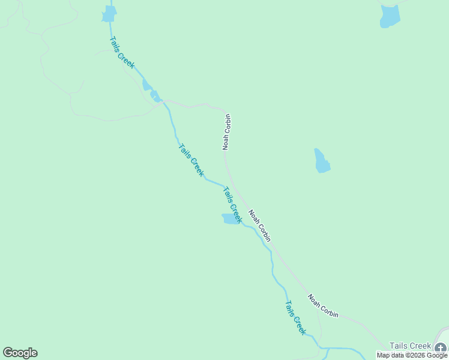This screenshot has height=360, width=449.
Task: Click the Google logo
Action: tap(20, 353)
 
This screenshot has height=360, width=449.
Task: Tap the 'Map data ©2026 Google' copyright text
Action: tap(412, 355)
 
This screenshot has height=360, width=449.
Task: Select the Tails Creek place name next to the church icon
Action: tap(410, 346)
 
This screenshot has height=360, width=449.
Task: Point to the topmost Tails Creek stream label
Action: tap(122, 52)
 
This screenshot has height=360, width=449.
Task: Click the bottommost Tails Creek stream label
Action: tap(295, 317)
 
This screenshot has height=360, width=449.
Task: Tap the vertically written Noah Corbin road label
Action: tap(227, 132)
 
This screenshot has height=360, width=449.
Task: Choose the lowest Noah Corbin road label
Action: tap(323, 306)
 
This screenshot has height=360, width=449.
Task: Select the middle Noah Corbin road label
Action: tap(260, 226)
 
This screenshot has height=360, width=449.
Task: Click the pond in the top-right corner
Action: tap(390, 16)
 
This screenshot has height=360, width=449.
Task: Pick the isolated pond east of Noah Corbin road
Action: tap(322, 161)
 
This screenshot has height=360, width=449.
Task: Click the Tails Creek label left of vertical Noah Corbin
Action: tap(191, 160)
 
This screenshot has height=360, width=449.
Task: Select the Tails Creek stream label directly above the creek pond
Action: tap(232, 205)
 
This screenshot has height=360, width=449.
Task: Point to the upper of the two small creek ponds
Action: tap(146, 85)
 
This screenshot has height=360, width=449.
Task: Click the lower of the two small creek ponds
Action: tap(155, 96)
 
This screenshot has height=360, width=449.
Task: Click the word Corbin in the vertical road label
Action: tap(227, 123)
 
